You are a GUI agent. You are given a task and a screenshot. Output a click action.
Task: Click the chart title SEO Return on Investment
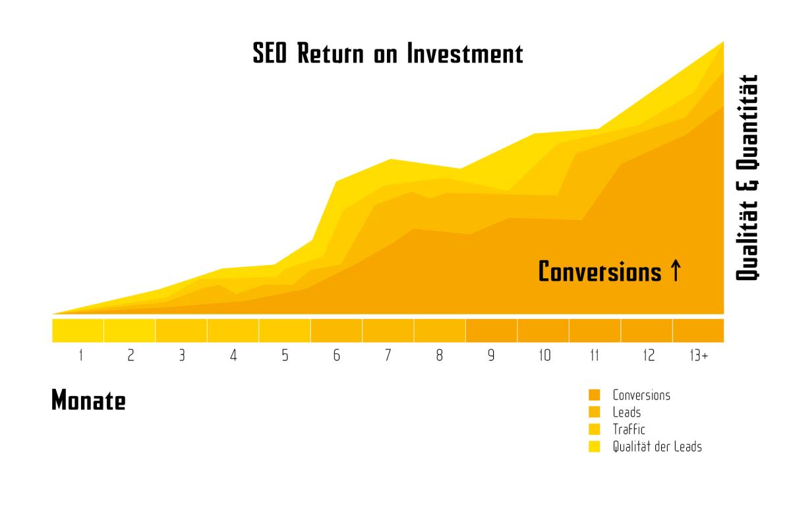tap(388, 53)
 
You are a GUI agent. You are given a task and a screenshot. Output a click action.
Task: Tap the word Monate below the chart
tap(88, 400)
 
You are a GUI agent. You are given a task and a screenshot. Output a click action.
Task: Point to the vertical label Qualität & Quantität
tap(747, 178)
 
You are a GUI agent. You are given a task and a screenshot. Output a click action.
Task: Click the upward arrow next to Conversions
tap(676, 270)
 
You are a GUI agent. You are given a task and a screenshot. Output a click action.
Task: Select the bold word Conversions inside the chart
tap(600, 272)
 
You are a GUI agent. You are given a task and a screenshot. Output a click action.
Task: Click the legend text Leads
tap(626, 412)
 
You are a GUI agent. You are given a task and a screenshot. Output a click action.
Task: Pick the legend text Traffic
tap(629, 429)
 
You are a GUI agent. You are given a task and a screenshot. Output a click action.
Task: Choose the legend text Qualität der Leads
tap(657, 447)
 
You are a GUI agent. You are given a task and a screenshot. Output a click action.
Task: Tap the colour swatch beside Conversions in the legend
tap(595, 395)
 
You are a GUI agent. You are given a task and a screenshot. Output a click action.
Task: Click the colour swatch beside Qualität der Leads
tap(595, 446)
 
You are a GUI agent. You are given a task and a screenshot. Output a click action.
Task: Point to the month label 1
tap(81, 355)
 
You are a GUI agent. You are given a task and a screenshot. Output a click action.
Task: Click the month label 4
tap(233, 355)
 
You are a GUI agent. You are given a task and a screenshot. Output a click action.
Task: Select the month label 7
tap(388, 355)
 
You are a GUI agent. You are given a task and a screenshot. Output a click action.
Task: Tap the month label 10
tap(545, 355)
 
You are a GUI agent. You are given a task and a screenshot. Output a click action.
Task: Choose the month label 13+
tap(699, 355)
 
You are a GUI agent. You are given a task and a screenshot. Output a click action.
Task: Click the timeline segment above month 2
tap(130, 331)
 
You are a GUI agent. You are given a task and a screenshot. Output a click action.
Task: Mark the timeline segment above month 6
tap(336, 331)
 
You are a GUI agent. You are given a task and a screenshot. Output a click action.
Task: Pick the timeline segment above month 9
tap(491, 331)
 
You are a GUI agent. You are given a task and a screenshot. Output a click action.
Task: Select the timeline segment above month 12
tap(647, 331)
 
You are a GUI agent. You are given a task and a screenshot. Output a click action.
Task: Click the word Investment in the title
tap(465, 53)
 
